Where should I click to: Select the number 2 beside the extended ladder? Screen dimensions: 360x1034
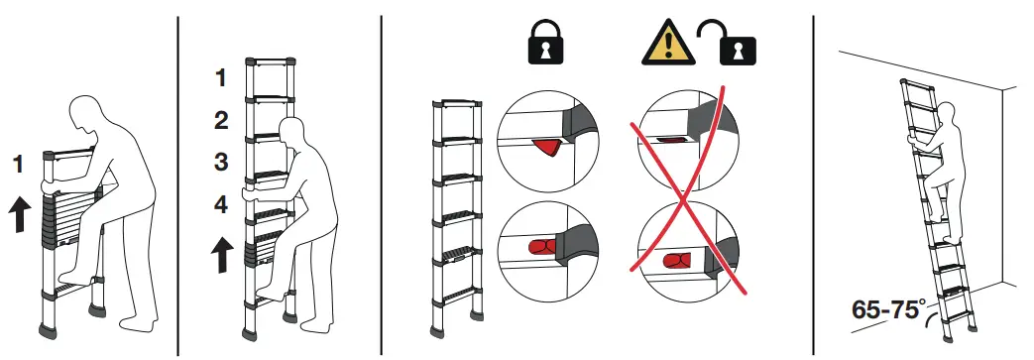click(x=222, y=121)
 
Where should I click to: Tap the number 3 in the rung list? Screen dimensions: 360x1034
click(x=222, y=162)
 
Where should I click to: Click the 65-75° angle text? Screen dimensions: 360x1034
click(x=884, y=308)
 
